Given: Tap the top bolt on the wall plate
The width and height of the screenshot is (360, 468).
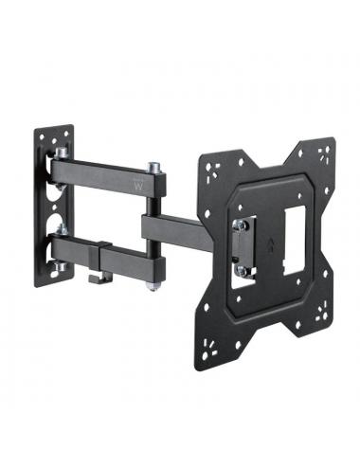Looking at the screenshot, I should tap(62, 153).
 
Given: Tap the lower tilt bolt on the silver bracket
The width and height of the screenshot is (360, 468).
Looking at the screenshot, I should tap(242, 270).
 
